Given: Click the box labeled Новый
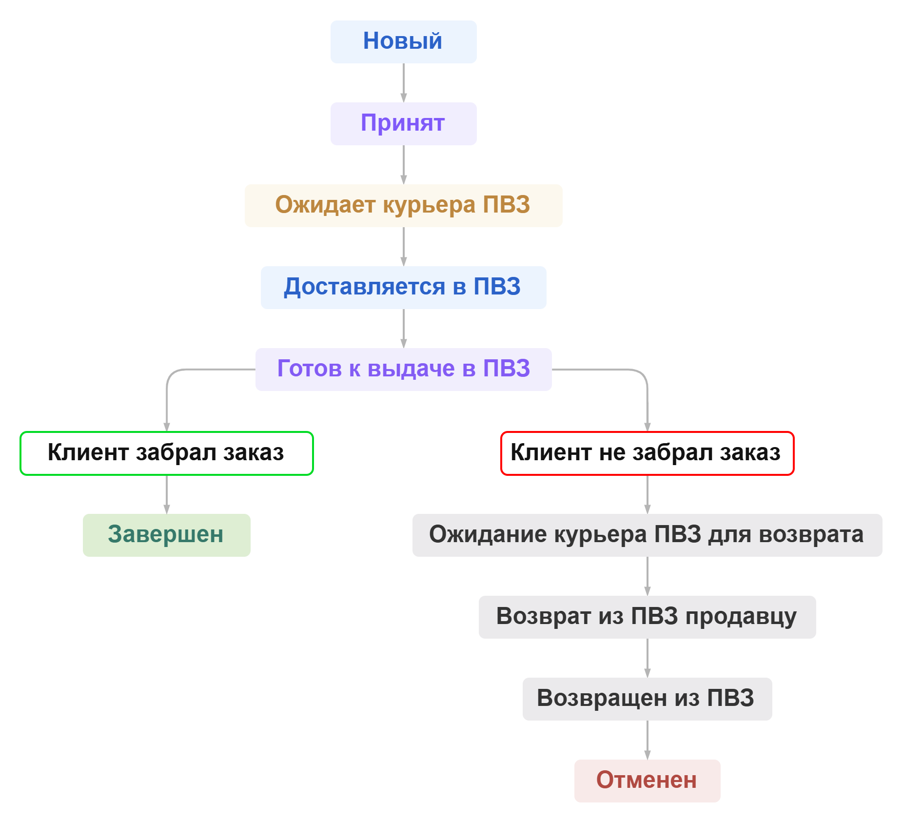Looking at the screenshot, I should pyautogui.click(x=403, y=42).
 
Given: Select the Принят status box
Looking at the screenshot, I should pyautogui.click(x=403, y=124).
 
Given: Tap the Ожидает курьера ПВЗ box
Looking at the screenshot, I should pyautogui.click(x=403, y=206).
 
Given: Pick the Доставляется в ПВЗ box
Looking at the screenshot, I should pyautogui.click(x=403, y=288).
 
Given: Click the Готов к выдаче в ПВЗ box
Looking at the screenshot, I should pyautogui.click(x=403, y=370).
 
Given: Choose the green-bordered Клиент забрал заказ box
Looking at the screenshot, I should pyautogui.click(x=166, y=453).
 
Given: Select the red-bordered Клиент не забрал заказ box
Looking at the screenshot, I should pyautogui.click(x=647, y=453).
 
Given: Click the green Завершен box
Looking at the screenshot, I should pyautogui.click(x=166, y=535).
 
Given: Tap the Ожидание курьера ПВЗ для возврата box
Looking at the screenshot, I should pyautogui.click(x=647, y=535).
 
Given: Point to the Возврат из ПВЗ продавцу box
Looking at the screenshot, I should pyautogui.click(x=647, y=617).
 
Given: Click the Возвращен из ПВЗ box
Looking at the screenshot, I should pyautogui.click(x=647, y=699).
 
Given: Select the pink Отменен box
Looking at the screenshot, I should pyautogui.click(x=647, y=781).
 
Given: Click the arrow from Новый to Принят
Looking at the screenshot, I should pyautogui.click(x=404, y=83).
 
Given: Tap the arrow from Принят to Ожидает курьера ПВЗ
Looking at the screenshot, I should pyautogui.click(x=404, y=165).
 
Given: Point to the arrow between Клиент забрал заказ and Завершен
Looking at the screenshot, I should pyautogui.click(x=167, y=494).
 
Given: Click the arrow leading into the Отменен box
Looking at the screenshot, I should pyautogui.click(x=648, y=740).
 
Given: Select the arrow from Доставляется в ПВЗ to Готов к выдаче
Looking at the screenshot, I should pyautogui.click(x=404, y=329).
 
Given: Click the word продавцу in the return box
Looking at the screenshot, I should pyautogui.click(x=741, y=617).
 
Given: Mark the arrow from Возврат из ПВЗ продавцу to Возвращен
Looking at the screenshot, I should pyautogui.click(x=648, y=658).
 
